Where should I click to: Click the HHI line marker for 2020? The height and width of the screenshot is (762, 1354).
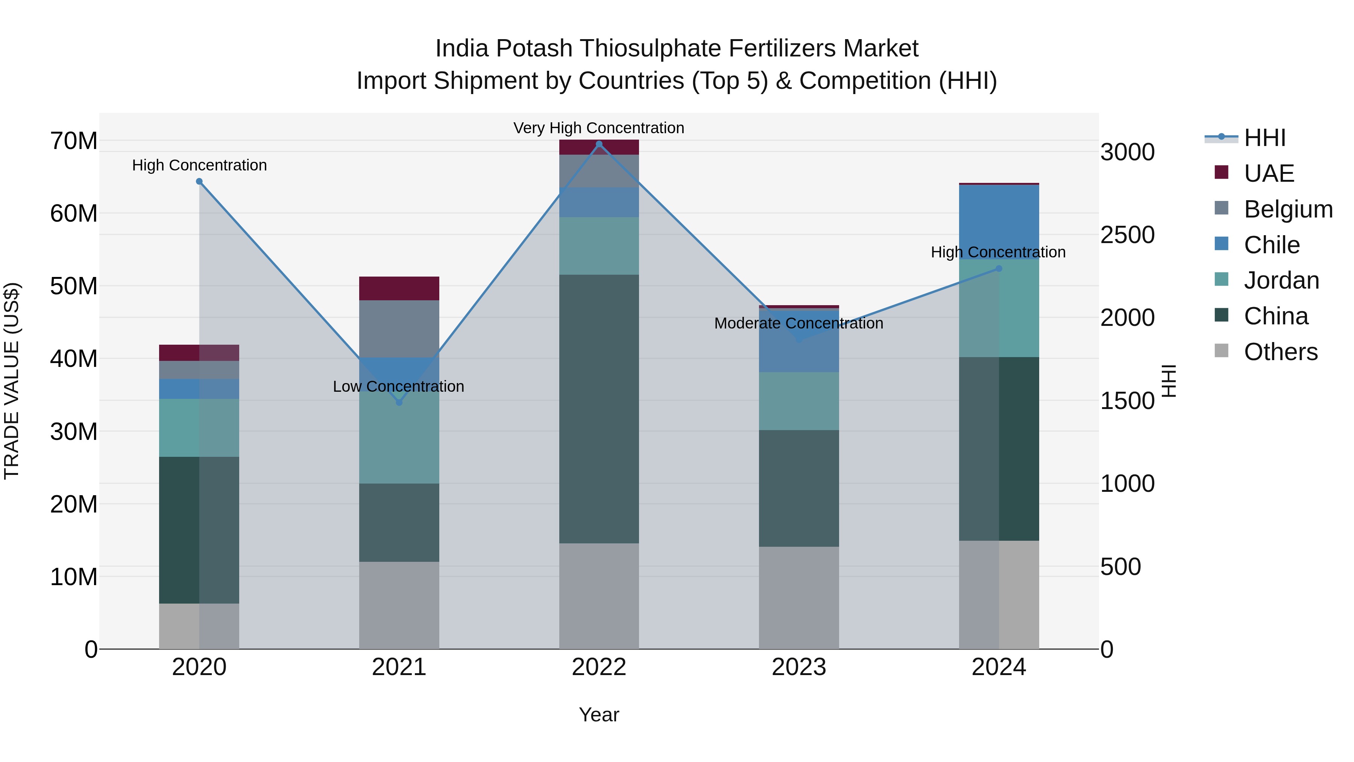(199, 181)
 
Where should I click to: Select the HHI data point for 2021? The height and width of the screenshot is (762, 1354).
(399, 402)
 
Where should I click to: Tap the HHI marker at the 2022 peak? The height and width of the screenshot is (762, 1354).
(599, 144)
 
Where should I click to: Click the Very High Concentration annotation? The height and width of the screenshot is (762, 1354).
(599, 128)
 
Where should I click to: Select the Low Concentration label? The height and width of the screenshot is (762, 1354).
(398, 386)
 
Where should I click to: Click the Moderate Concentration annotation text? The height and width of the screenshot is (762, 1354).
(798, 323)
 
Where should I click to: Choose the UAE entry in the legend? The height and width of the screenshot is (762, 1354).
(1268, 173)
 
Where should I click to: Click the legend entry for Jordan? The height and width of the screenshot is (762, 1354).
(1281, 280)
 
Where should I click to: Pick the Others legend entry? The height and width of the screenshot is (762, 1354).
(1280, 352)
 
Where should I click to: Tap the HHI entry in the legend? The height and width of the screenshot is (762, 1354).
(1264, 138)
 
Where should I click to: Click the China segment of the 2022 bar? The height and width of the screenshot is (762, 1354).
(599, 409)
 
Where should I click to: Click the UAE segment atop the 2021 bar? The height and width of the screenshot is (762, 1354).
(399, 288)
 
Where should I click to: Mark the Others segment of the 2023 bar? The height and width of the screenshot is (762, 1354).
(798, 598)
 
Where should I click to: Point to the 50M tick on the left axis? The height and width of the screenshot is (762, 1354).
(74, 287)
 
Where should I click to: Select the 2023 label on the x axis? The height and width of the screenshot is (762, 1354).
(798, 667)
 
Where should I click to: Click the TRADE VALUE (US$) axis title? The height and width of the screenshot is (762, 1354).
(12, 381)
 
